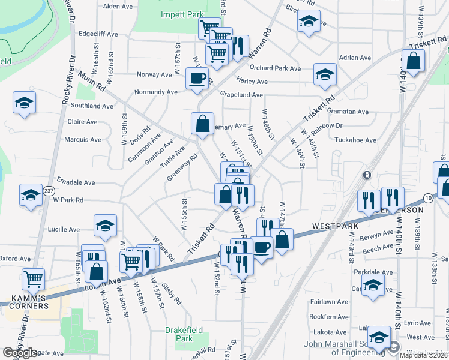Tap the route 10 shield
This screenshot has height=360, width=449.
click(x=427, y=197)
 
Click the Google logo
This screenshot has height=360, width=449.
click(x=20, y=353)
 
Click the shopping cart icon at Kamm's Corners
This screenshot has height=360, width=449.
click(x=33, y=278)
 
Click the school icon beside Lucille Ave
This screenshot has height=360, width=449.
click(x=105, y=225)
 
